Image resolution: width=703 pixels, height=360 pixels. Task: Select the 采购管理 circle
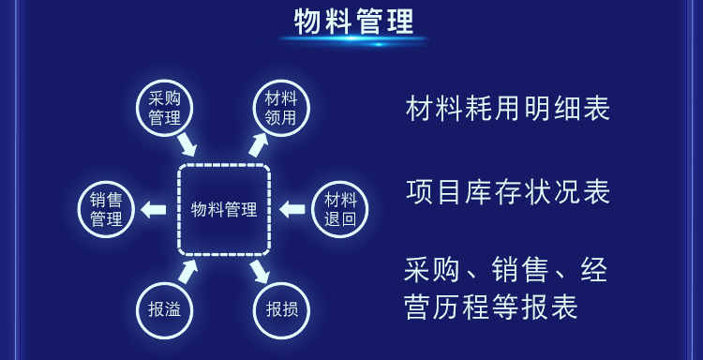click(164, 108)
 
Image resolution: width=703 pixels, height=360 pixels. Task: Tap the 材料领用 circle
click(280, 108)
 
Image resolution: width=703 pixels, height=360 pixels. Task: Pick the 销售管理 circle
click(106, 209)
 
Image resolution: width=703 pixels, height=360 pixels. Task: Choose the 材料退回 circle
click(339, 209)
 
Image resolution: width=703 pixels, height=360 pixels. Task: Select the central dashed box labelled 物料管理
click(223, 209)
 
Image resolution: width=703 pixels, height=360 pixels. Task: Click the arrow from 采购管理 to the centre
click(187, 144)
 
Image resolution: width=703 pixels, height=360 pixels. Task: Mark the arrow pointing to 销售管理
click(153, 209)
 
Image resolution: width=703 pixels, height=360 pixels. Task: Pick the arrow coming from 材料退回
click(292, 209)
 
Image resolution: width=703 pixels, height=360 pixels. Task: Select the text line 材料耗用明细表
click(508, 109)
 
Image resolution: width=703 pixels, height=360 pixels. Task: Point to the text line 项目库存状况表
click(508, 191)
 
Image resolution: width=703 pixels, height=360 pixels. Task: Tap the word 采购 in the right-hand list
click(428, 271)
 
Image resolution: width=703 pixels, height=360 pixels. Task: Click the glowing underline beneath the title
click(353, 40)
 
